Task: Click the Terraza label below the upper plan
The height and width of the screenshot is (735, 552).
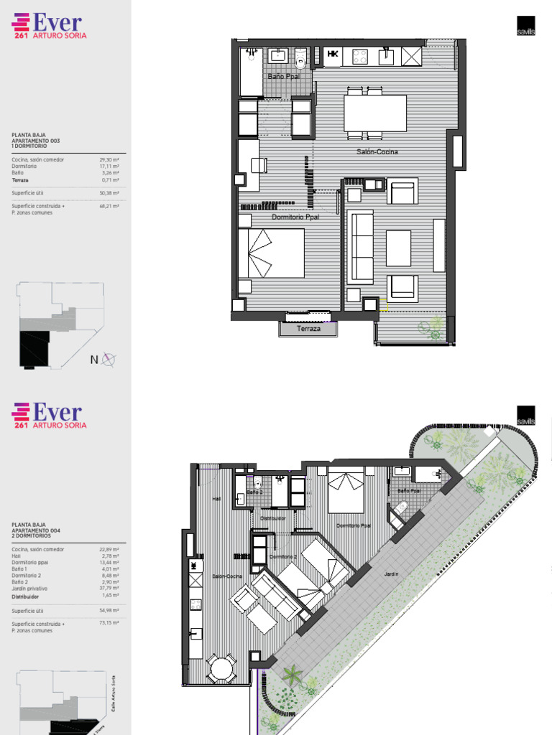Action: pyautogui.click(x=308, y=329)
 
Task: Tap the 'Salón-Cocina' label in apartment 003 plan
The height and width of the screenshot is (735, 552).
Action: pyautogui.click(x=377, y=151)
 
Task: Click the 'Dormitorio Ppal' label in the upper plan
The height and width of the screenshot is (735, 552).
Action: pyautogui.click(x=295, y=216)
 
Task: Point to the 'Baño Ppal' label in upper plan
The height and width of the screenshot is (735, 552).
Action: pyautogui.click(x=283, y=76)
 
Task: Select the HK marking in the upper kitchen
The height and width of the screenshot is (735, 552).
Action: pyautogui.click(x=333, y=54)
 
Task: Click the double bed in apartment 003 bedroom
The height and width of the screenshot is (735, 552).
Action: pyautogui.click(x=271, y=253)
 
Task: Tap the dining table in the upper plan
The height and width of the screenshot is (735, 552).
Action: pyautogui.click(x=375, y=113)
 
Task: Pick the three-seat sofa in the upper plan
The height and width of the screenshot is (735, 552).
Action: pyautogui.click(x=360, y=246)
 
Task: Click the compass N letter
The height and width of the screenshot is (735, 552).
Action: pyautogui.click(x=94, y=360)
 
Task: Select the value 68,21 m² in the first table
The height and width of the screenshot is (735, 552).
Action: pyautogui.click(x=109, y=206)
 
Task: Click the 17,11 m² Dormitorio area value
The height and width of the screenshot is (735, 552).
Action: pyautogui.click(x=108, y=167)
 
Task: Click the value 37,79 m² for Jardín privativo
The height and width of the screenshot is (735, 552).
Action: pyautogui.click(x=108, y=589)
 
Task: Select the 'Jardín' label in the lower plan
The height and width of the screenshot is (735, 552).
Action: pyautogui.click(x=391, y=574)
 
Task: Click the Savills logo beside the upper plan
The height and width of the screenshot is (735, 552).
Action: pyautogui.click(x=525, y=26)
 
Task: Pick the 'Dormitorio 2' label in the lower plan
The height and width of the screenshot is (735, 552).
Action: pyautogui.click(x=283, y=556)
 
